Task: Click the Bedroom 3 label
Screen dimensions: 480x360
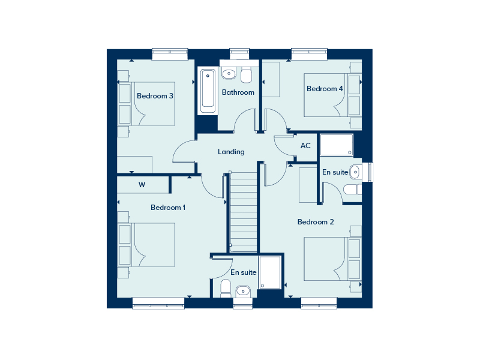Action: coord(155,96)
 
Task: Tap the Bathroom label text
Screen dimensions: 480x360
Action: coord(238,92)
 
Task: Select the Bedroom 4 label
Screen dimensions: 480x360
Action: coord(325,89)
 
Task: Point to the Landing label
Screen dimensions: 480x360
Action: coord(231,152)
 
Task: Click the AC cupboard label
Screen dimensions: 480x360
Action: coord(305,146)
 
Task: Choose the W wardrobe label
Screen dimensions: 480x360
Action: coord(142,185)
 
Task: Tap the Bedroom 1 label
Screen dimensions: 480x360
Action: coord(168,208)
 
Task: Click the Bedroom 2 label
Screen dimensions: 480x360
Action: coord(316,222)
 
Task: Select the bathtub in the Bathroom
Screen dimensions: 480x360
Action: coord(208,91)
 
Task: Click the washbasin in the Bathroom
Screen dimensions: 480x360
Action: coord(229,74)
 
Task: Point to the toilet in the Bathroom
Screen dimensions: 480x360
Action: coord(246,75)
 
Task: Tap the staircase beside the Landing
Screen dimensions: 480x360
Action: coord(244,212)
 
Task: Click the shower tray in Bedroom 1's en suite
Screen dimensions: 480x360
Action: coord(270,272)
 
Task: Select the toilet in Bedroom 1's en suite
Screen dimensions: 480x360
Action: coord(226,288)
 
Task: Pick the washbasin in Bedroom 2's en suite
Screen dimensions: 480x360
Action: coord(355,172)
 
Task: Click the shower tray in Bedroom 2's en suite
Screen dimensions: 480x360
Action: coord(337,145)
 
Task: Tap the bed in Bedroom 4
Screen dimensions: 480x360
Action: coord(333,95)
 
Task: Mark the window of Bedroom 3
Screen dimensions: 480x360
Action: coord(170,54)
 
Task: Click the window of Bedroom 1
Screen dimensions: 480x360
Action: coord(158,303)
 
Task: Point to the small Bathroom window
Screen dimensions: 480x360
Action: coord(239,54)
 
